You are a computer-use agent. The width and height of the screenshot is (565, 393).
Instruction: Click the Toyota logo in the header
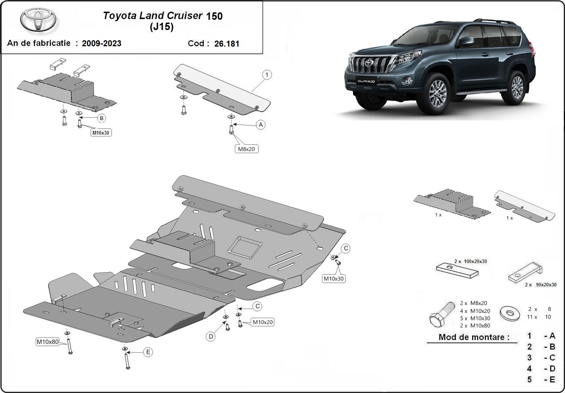38,20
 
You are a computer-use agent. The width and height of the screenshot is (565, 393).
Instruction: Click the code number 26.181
227,44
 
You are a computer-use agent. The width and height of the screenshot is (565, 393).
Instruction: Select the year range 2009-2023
101,43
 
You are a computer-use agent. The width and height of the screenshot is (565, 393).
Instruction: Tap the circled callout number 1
267,75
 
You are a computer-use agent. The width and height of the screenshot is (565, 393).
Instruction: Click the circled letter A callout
261,125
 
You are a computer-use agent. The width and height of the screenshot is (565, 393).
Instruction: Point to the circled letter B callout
102,118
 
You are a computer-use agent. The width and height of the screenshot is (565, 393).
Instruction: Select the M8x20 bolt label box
246,149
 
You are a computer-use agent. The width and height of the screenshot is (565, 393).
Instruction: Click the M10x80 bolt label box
47,342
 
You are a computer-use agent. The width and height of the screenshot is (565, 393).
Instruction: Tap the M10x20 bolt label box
262,322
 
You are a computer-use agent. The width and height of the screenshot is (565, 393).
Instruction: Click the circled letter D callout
210,337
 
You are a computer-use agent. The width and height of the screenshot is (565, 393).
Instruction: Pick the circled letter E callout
148,352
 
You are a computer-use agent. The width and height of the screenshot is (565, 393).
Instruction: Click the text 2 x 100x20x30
470,261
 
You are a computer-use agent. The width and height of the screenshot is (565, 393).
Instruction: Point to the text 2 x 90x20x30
540,285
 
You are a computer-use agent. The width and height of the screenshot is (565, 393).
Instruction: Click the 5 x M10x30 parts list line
475,318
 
